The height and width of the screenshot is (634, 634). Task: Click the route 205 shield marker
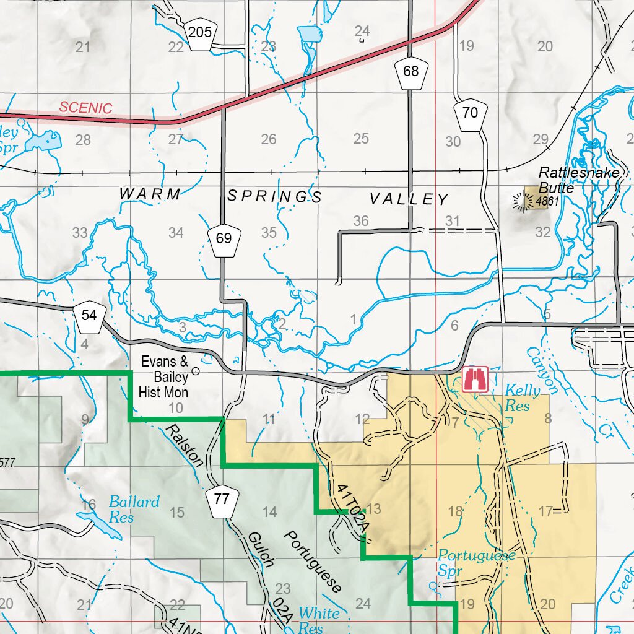[x=199, y=32]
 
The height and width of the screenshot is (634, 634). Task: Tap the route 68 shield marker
[x=410, y=72]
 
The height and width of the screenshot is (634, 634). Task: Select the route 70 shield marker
[x=470, y=113]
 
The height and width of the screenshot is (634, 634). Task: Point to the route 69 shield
[x=224, y=238]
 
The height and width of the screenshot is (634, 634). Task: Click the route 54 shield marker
[x=89, y=316]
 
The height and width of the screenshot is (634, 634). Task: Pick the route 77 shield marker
[x=221, y=497]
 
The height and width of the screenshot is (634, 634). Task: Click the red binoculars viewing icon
[x=475, y=379]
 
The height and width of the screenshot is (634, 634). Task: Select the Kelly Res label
[x=522, y=398]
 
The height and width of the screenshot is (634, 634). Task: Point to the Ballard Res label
[x=133, y=509]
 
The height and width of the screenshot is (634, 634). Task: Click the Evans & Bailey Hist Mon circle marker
[x=196, y=371]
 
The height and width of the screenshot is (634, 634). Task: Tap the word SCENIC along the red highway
[x=86, y=108]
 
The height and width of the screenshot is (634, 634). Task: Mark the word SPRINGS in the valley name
[x=275, y=197]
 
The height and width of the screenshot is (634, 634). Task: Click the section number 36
[x=361, y=221]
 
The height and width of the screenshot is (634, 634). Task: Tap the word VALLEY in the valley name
[x=409, y=199]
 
